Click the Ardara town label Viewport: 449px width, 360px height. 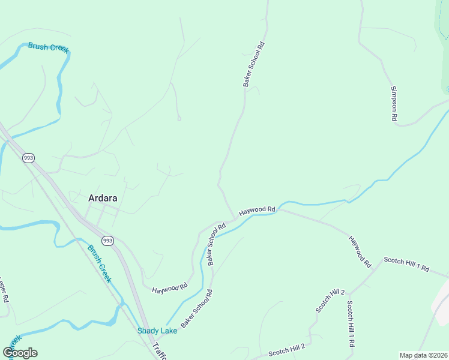[x=103, y=197]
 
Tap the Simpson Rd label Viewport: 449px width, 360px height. [x=394, y=104]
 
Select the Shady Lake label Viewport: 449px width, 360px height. [x=157, y=331]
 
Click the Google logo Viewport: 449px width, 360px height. [x=20, y=353]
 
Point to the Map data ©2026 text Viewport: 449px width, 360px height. [x=424, y=355]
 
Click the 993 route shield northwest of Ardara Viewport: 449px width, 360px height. [x=28, y=158]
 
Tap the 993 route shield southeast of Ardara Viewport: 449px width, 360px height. [x=107, y=241]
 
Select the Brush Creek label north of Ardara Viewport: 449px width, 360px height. [x=49, y=47]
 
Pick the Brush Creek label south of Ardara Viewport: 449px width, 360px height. [x=100, y=264]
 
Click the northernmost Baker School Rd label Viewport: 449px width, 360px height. [x=254, y=64]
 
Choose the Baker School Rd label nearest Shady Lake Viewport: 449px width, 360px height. [x=197, y=308]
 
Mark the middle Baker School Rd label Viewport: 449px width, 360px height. [x=216, y=244]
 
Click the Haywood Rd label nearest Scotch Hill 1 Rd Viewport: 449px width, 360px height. [x=361, y=251]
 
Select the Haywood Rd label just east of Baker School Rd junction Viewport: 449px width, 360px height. [x=257, y=211]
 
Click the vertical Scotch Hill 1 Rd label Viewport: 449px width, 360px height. [x=351, y=324]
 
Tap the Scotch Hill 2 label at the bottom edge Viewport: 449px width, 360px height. [x=287, y=350]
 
